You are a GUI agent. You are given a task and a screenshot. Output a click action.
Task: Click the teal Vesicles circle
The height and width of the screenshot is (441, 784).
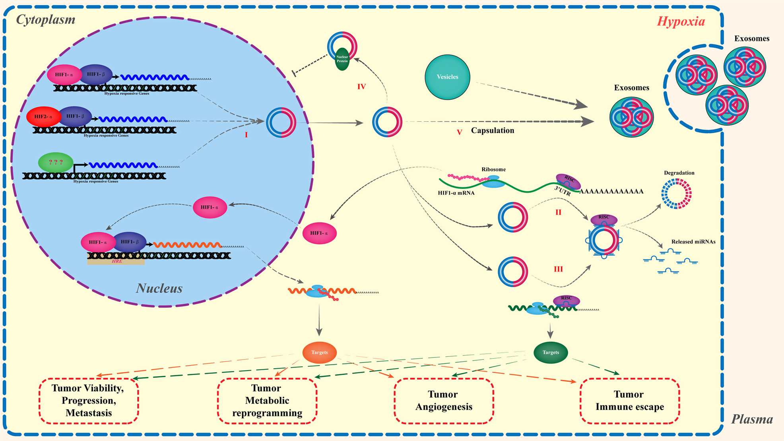click(x=447, y=77)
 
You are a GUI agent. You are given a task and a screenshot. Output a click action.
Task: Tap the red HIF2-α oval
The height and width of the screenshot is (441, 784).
click(x=43, y=117)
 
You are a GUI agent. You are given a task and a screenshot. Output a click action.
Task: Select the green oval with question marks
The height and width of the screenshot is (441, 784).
click(x=56, y=162)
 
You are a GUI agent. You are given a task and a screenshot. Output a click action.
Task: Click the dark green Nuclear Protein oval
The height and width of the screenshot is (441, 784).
click(x=342, y=59)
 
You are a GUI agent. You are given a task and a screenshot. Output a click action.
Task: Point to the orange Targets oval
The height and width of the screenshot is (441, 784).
click(x=319, y=352)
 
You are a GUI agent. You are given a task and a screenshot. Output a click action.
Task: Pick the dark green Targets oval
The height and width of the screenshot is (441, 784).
click(x=550, y=352)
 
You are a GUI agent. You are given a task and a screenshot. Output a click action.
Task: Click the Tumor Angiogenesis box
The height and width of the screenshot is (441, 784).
click(x=444, y=400)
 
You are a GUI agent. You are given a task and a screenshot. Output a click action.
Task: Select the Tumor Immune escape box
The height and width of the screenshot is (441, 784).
click(x=629, y=400)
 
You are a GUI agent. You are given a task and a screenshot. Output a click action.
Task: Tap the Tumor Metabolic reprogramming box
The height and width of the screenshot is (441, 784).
click(x=267, y=400)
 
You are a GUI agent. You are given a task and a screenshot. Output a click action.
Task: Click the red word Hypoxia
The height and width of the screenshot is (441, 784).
click(x=681, y=21)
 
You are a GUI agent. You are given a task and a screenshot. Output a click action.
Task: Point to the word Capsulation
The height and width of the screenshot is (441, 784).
click(x=492, y=130)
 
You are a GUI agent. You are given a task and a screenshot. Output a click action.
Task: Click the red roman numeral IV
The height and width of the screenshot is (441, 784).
click(x=361, y=87)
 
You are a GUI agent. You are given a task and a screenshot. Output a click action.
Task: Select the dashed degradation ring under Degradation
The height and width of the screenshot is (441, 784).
click(x=676, y=194)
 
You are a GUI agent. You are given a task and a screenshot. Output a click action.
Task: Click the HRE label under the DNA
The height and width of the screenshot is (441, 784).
click(x=117, y=261)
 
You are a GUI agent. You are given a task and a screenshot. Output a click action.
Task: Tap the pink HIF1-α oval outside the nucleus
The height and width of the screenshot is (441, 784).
click(x=319, y=233)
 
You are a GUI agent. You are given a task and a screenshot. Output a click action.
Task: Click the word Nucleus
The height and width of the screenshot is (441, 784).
click(x=159, y=288)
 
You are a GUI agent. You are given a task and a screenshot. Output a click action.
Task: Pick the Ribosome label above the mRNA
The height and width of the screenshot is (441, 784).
click(x=493, y=169)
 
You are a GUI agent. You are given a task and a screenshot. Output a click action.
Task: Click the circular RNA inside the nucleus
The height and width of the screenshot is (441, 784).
click(x=281, y=122)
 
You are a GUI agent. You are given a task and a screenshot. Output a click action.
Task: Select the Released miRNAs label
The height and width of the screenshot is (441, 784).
click(x=693, y=242)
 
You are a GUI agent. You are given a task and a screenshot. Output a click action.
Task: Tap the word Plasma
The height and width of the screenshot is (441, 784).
click(x=752, y=419)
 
